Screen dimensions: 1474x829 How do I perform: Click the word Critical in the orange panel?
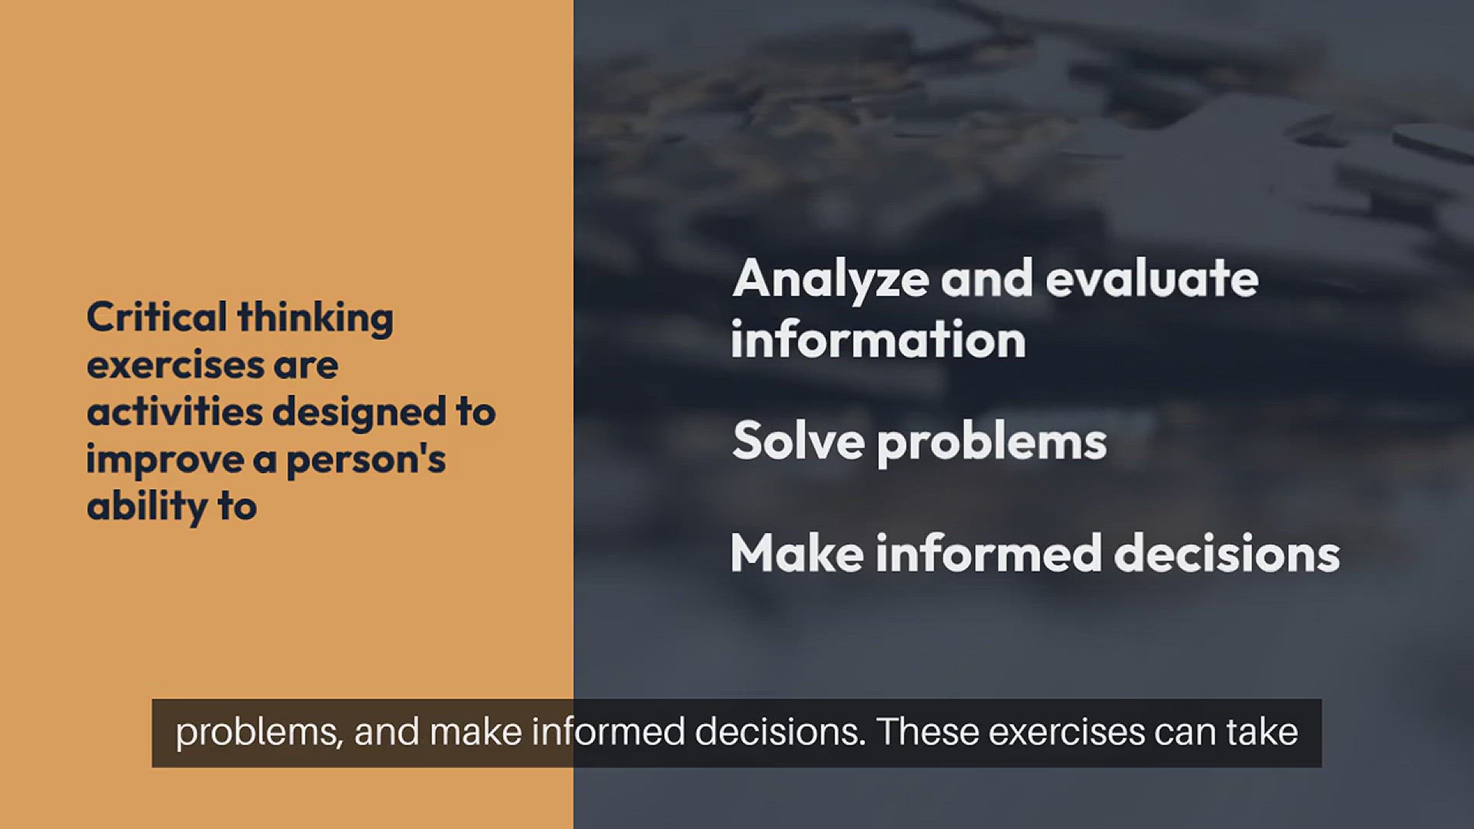(157, 317)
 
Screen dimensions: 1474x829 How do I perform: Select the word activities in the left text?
(175, 411)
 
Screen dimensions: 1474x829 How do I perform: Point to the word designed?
(359, 413)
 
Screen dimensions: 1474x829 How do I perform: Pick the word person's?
(365, 461)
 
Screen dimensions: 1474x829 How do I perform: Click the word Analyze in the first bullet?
(831, 279)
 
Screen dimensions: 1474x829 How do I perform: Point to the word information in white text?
(878, 339)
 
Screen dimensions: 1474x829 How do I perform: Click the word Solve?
(798, 441)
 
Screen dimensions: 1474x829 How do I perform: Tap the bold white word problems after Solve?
(992, 444)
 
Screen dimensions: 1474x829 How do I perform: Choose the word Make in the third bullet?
(797, 553)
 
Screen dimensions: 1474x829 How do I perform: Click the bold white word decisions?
(1227, 553)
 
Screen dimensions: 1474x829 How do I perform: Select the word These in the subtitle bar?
(927, 732)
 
